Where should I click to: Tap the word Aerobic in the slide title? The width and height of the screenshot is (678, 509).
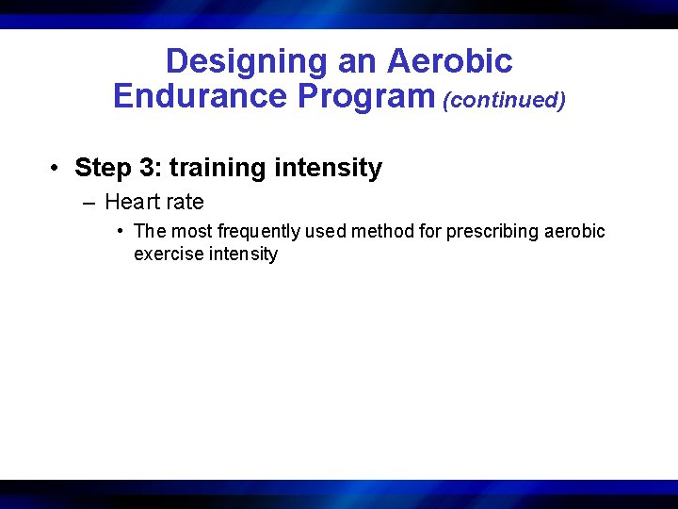pyautogui.click(x=450, y=62)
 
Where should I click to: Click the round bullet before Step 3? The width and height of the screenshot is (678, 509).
pyautogui.click(x=57, y=169)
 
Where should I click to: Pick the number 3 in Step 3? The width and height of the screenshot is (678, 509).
pyautogui.click(x=153, y=169)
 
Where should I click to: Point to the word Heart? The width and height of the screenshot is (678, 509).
pyautogui.click(x=131, y=203)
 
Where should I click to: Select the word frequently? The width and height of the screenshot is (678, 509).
pyautogui.click(x=257, y=232)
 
